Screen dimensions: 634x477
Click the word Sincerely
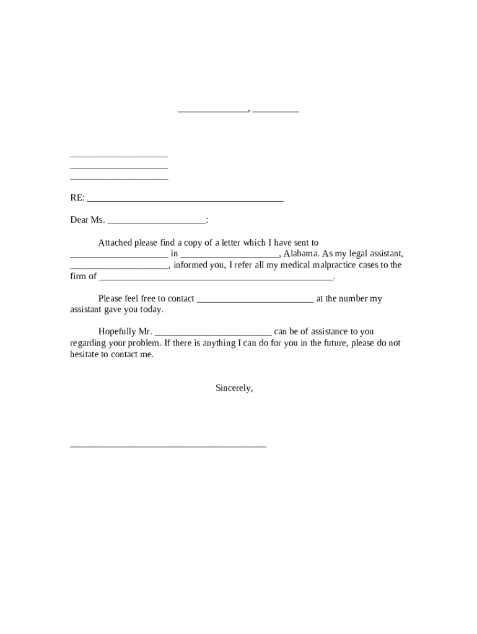234,388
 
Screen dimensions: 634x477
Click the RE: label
77,198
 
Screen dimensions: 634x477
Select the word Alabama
300,254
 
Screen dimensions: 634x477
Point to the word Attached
115,243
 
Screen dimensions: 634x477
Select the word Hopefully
116,332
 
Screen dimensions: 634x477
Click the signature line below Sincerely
168,446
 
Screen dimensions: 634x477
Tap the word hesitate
85,355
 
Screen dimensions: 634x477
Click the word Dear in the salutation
79,220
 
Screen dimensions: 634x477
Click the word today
151,310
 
